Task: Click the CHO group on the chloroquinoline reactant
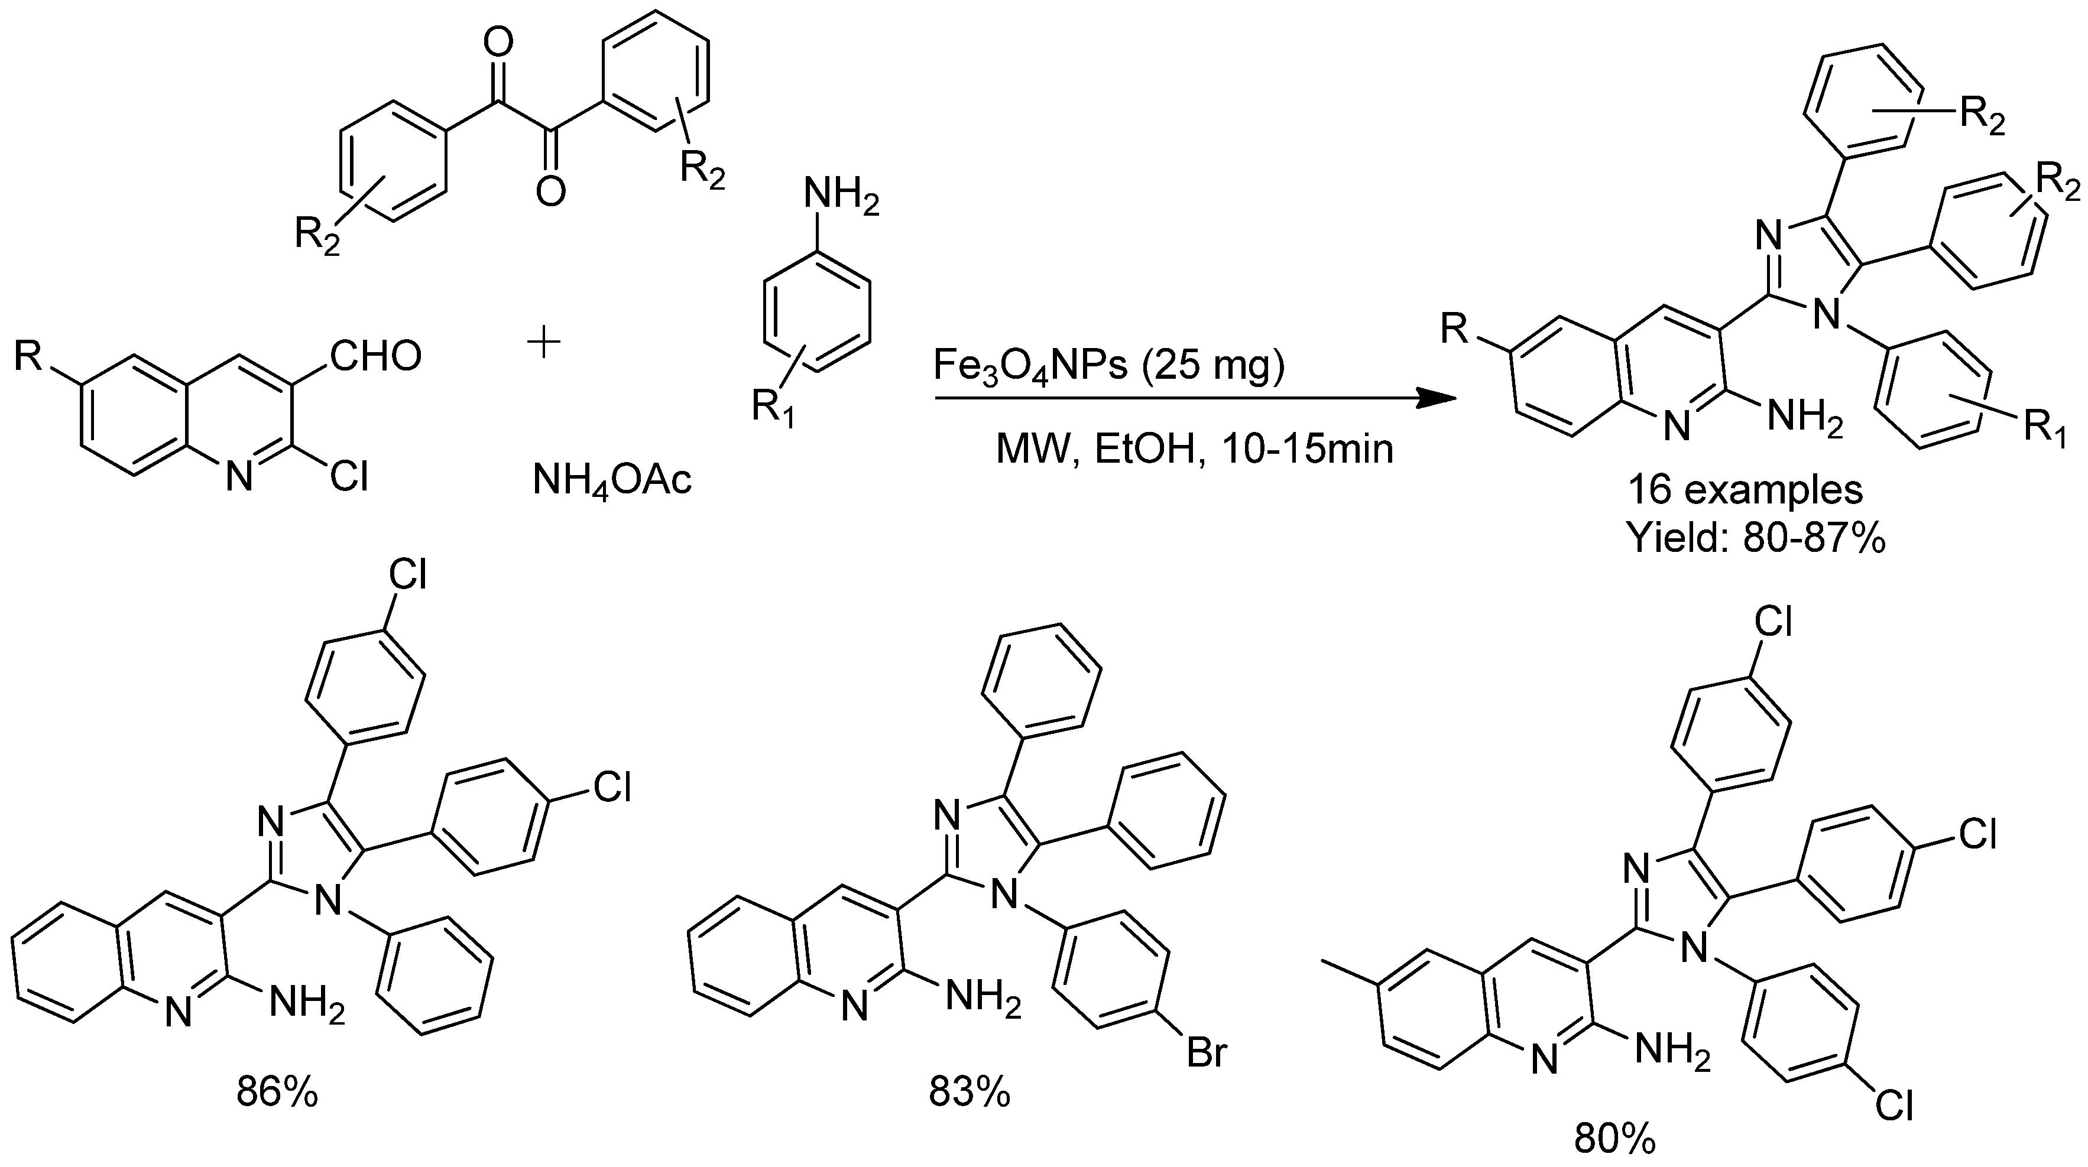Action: coord(375,356)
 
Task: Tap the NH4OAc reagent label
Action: coord(612,480)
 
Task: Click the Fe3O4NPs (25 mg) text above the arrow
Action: coord(1109,366)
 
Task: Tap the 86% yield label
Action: coord(277,1093)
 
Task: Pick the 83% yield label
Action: coord(970,1093)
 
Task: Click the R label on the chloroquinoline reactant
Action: coord(28,356)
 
